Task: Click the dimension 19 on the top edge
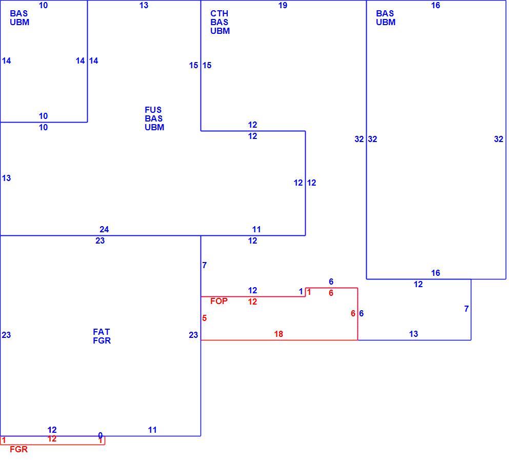coord(283,5)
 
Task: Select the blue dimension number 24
coord(104,229)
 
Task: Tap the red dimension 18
coord(278,334)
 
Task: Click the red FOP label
coord(218,301)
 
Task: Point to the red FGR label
coord(19,449)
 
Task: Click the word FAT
coord(101,332)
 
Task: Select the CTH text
coord(220,13)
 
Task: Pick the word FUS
coord(153,110)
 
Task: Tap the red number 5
coord(205,318)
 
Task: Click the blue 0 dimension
coord(101,435)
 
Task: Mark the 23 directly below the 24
coord(100,240)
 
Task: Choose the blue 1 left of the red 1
coord(301,292)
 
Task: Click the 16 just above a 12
coord(436,273)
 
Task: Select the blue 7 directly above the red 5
coord(205,265)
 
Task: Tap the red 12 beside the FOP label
coord(252,302)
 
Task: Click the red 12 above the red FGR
coord(52,438)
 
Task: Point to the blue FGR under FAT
coord(102,340)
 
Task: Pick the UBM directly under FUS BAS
coord(154,127)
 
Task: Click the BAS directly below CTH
coord(220,22)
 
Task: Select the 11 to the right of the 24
coord(256,229)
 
